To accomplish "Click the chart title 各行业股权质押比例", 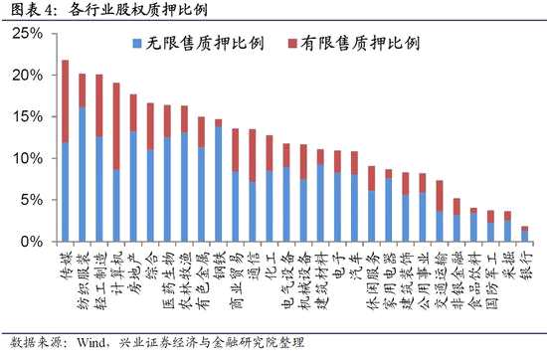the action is [x=137, y=9].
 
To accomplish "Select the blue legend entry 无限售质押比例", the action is [x=198, y=43].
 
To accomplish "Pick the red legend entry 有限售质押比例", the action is [x=353, y=43].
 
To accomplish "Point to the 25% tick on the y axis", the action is [x=27, y=34].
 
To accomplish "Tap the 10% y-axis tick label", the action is [x=27, y=158].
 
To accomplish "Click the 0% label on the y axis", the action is [x=32, y=242].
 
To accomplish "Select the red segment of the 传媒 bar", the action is [x=66, y=101].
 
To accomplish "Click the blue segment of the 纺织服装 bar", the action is [x=83, y=174].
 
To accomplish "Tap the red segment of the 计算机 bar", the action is [x=116, y=126].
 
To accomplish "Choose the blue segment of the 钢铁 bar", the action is [x=219, y=184].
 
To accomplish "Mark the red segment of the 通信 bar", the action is [x=253, y=155].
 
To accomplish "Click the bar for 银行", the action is [x=525, y=234].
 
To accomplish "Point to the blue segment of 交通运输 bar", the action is [x=440, y=226].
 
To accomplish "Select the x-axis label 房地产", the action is [x=133, y=273].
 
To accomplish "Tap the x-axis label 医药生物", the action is [x=167, y=280].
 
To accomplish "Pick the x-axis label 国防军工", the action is [x=490, y=280].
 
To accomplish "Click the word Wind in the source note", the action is [x=91, y=342].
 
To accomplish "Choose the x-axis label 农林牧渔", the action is [x=185, y=280].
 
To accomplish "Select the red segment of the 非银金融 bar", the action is [x=456, y=207].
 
